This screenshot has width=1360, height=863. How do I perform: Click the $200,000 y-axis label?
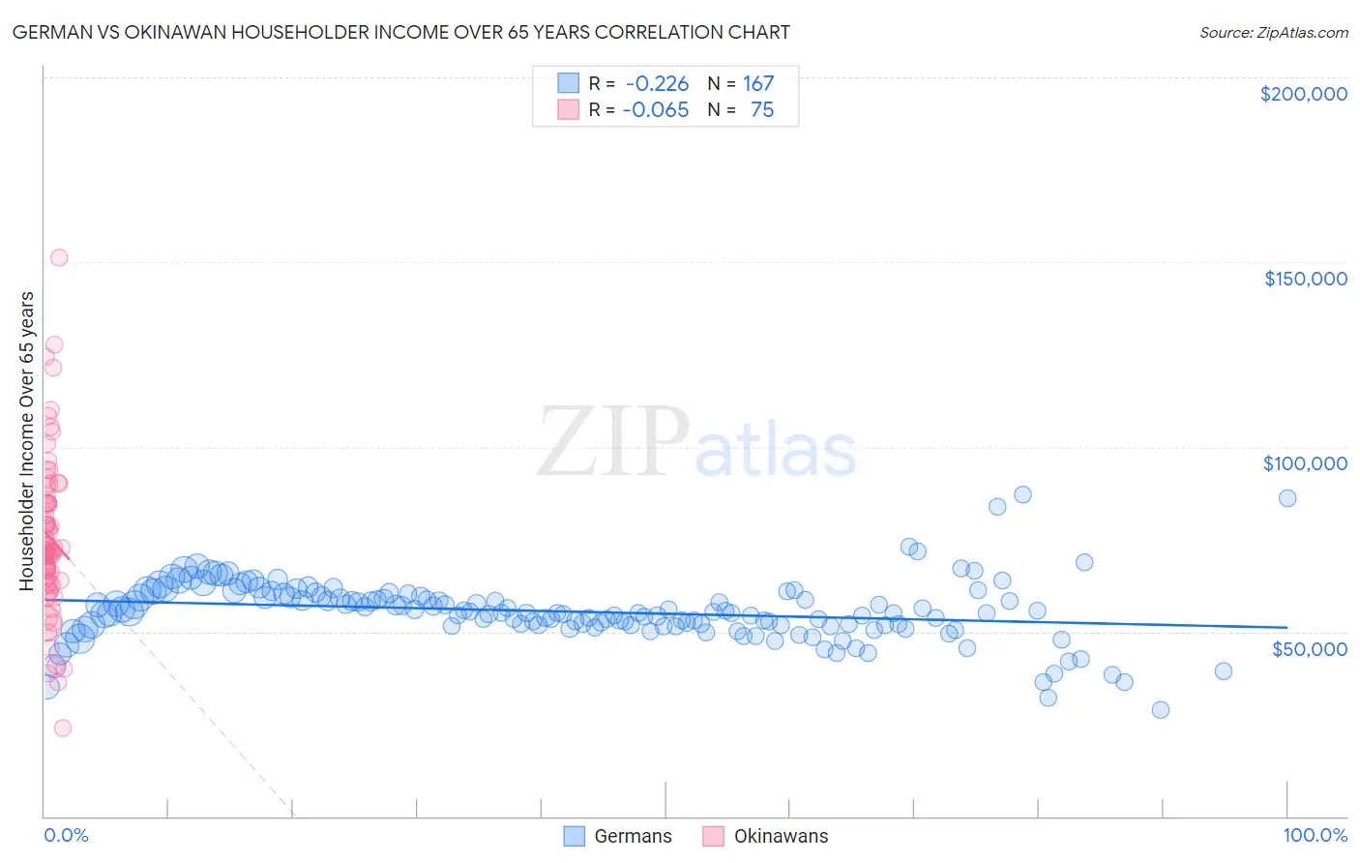point(1303,94)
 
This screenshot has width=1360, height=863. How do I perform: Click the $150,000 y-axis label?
point(1305,279)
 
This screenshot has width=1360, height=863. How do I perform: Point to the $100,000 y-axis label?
point(1305,463)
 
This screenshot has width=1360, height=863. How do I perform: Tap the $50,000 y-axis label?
point(1309,648)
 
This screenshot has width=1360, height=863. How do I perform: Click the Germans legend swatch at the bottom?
point(575,836)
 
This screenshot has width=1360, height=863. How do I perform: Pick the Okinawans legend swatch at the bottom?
point(714,836)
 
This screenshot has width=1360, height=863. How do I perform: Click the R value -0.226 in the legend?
point(657,84)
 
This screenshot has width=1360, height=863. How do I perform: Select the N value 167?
point(758,84)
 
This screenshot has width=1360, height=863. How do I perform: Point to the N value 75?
point(762,110)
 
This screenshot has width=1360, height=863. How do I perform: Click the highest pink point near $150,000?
point(59,257)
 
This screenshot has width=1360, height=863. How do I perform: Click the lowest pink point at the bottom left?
point(63,728)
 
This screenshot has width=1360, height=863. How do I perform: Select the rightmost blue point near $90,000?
point(1287,498)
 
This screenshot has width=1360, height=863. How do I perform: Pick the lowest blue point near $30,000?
point(1161,709)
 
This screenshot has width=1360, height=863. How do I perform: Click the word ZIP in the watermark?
point(612,442)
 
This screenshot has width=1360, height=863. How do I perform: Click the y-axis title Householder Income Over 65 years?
point(27,441)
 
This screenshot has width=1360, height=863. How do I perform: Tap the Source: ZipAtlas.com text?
point(1273,33)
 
